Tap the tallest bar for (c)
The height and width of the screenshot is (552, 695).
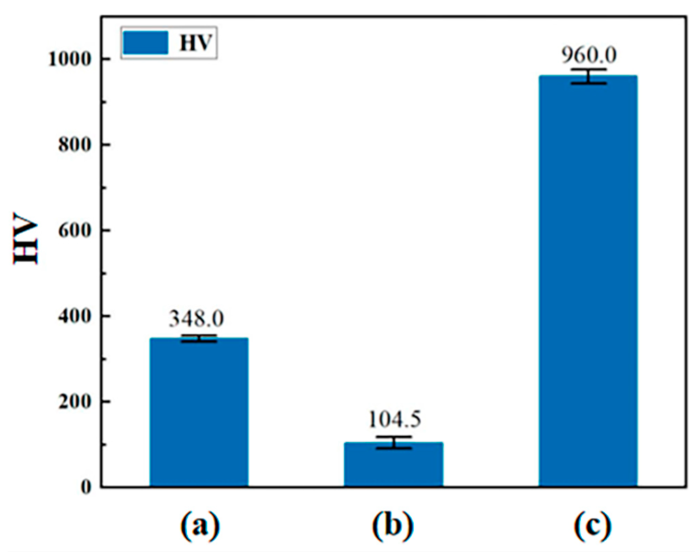click(x=588, y=280)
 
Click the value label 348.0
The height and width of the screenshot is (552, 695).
click(x=196, y=319)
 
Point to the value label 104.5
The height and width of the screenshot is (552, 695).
click(x=394, y=420)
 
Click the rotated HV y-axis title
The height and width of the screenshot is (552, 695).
click(x=26, y=239)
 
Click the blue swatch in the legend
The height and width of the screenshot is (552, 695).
click(x=146, y=42)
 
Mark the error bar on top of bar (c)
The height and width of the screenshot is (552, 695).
click(x=588, y=76)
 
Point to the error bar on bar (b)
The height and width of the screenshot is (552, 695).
click(x=394, y=442)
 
